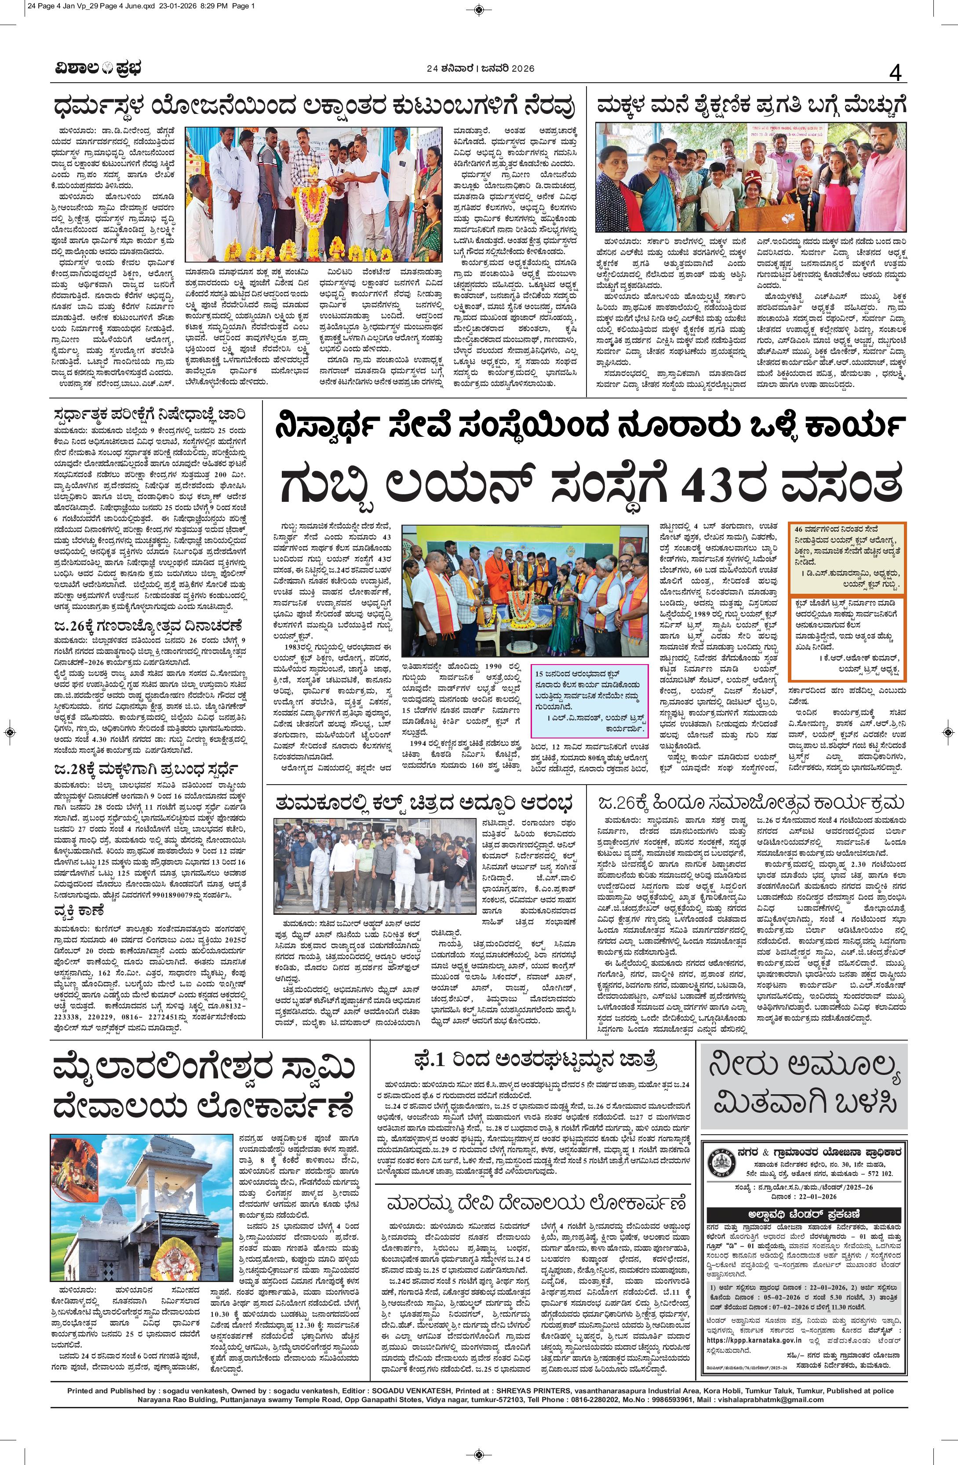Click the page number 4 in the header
895,74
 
